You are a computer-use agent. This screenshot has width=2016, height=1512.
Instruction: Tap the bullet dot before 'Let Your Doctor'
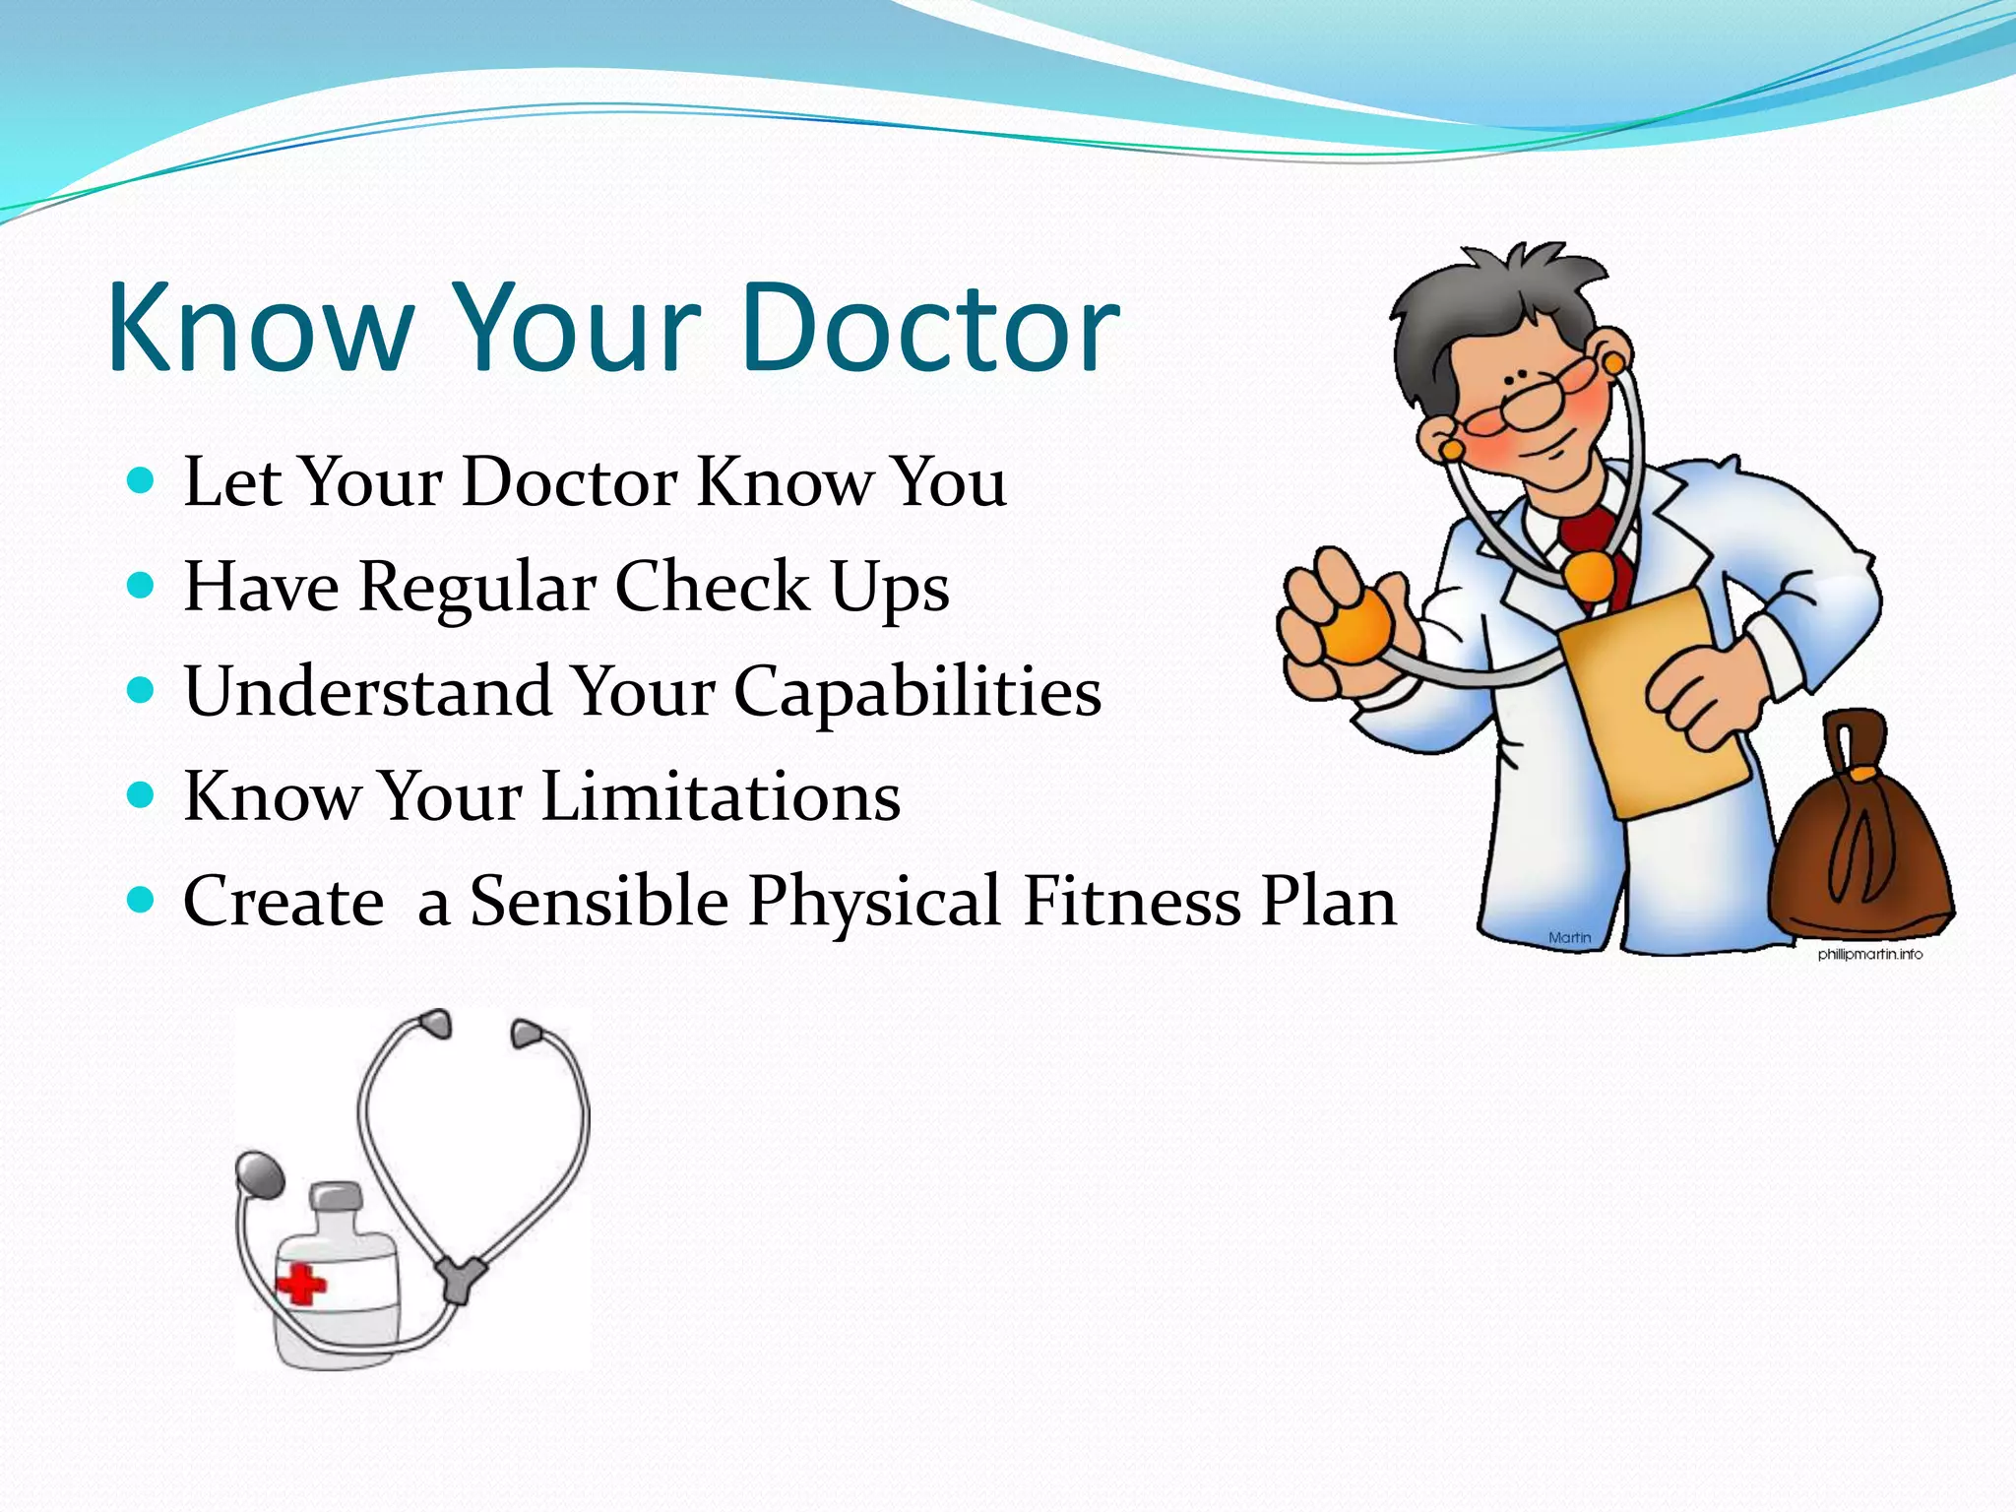click(x=142, y=481)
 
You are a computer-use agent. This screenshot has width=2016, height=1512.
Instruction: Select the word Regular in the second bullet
click(x=477, y=588)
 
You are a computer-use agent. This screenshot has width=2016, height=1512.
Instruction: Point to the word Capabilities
click(x=917, y=692)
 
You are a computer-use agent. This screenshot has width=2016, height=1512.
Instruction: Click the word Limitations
click(x=721, y=796)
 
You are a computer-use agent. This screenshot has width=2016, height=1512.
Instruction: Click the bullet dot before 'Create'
click(x=142, y=901)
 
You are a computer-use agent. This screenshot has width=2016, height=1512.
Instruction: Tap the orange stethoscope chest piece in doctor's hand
click(x=1356, y=627)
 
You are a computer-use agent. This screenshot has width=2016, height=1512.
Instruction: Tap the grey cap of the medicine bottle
click(x=336, y=1199)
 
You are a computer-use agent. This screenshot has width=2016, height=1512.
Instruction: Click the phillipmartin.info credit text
click(x=1869, y=954)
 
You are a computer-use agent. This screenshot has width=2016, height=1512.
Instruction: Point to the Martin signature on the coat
click(x=1569, y=937)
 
